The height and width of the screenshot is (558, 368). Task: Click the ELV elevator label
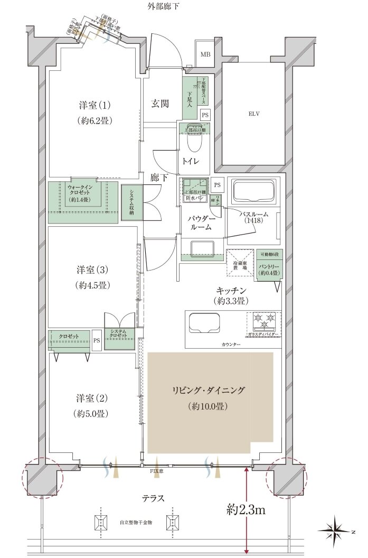point(254,114)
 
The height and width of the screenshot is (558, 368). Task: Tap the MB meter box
point(204,54)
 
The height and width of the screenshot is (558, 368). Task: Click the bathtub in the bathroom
point(254,191)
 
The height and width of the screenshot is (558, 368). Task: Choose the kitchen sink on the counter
point(204,322)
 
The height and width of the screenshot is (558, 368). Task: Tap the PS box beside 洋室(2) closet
point(96,340)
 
